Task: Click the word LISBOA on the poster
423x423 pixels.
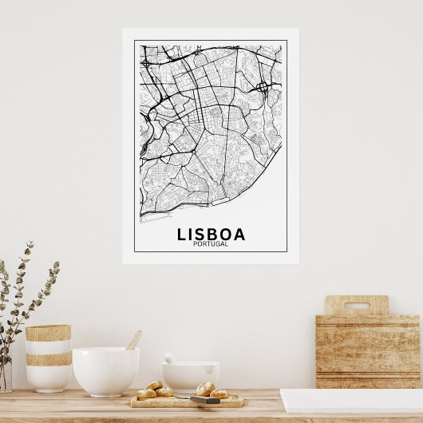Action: [x=211, y=234]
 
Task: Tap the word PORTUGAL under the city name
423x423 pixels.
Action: [x=211, y=244]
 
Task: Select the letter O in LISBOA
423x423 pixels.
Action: [x=225, y=234]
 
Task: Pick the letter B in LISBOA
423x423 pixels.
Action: [x=211, y=234]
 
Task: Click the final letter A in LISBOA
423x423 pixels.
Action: [x=239, y=234]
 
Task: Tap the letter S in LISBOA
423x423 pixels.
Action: [x=199, y=234]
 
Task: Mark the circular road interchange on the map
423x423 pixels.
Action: [x=263, y=86]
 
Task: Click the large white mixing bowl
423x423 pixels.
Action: [x=105, y=370]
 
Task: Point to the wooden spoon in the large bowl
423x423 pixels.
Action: [x=133, y=340]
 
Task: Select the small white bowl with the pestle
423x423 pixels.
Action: [x=190, y=375]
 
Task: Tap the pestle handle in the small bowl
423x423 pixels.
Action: [x=170, y=358]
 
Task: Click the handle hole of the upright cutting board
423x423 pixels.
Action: [x=357, y=305]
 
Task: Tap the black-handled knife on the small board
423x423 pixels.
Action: [x=205, y=399]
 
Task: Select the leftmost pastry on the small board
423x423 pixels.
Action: [x=145, y=393]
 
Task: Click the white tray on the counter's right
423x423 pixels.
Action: [x=351, y=401]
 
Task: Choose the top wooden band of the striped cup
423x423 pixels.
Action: [x=48, y=333]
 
